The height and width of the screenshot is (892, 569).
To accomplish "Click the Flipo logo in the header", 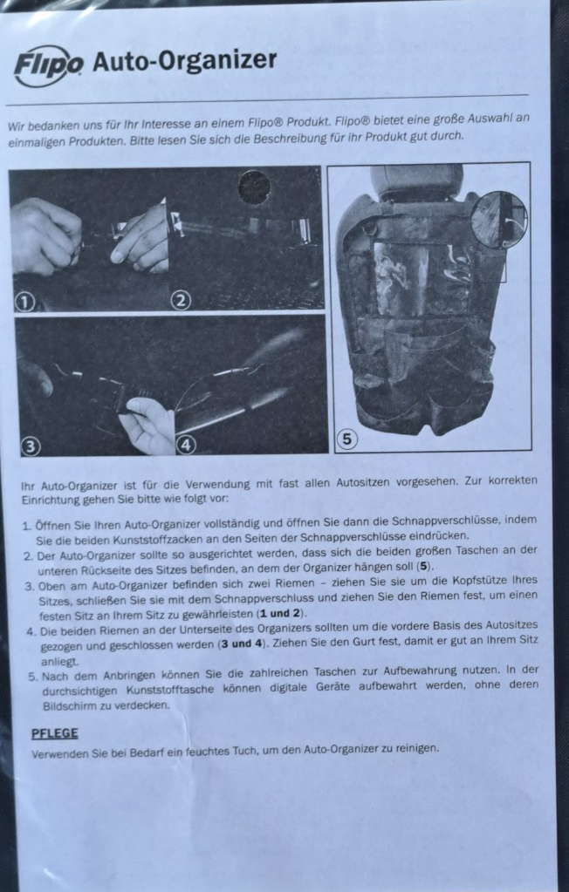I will coord(49,65).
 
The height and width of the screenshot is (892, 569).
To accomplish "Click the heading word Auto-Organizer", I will coord(184,60).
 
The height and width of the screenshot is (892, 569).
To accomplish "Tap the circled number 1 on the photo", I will coord(24,302).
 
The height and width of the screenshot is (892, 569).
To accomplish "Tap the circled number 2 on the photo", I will coord(181,301).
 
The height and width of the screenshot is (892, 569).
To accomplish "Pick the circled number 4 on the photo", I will coord(187,445).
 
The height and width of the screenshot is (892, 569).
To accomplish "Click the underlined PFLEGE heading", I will coord(54,733).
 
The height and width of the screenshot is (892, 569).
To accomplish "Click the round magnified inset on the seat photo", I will coord(498,219).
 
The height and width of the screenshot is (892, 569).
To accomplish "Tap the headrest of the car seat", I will coord(416,181).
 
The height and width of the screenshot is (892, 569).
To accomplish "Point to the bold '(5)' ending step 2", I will coord(424,566).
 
